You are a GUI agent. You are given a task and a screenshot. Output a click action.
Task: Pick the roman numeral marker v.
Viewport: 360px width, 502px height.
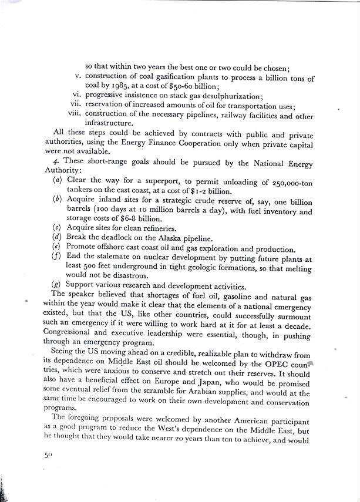click(x=78, y=76)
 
